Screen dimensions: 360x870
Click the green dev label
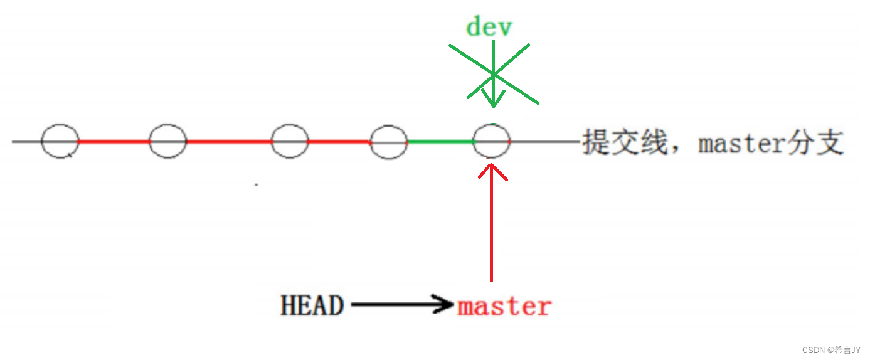pos(489,28)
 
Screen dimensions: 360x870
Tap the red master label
pos(504,307)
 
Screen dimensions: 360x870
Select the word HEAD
pos(312,306)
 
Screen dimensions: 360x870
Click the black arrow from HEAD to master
pos(401,305)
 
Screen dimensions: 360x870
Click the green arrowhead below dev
pos(494,100)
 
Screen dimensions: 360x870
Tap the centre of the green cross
pos(494,74)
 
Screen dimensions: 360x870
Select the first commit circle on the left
pos(60,141)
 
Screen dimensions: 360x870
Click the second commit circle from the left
pos(168,141)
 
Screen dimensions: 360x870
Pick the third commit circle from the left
pos(290,141)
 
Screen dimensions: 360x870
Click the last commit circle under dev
pos(492,142)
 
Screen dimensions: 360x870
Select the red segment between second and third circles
pos(229,141)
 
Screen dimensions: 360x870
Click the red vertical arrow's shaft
pos(492,232)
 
